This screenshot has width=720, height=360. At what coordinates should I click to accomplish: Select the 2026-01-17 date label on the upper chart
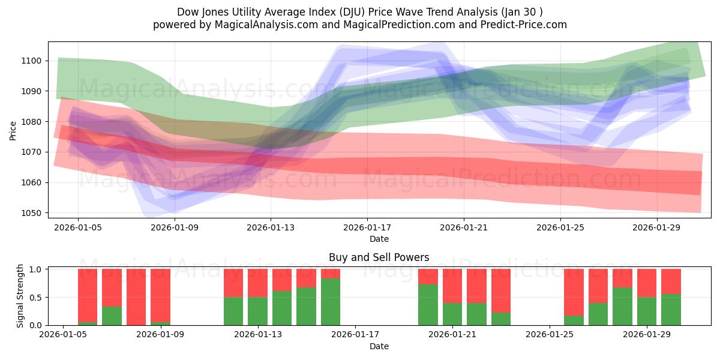367,227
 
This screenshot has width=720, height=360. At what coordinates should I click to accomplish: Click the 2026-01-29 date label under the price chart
656,227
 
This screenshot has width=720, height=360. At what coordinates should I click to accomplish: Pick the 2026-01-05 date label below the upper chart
78,227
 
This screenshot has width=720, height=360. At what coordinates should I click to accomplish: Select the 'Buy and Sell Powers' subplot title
379,257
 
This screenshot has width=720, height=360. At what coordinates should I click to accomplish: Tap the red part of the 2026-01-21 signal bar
452,286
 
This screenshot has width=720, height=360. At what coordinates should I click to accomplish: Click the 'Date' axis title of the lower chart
379,346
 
